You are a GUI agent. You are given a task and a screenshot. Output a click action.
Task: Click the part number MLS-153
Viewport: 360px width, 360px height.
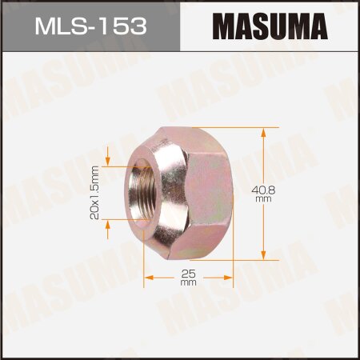click(90, 26)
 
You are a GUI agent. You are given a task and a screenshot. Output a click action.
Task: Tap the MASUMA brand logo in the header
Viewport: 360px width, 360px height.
click(270, 26)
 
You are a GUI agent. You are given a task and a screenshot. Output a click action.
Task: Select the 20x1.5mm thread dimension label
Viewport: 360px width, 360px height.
click(95, 192)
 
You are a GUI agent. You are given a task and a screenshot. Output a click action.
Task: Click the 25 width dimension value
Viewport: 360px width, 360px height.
click(189, 274)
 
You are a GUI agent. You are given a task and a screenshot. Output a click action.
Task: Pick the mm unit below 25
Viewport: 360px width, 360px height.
click(189, 283)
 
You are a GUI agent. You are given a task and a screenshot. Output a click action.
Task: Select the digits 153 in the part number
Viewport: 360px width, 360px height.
click(125, 26)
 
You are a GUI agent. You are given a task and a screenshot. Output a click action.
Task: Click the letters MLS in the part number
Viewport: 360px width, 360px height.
click(61, 26)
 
